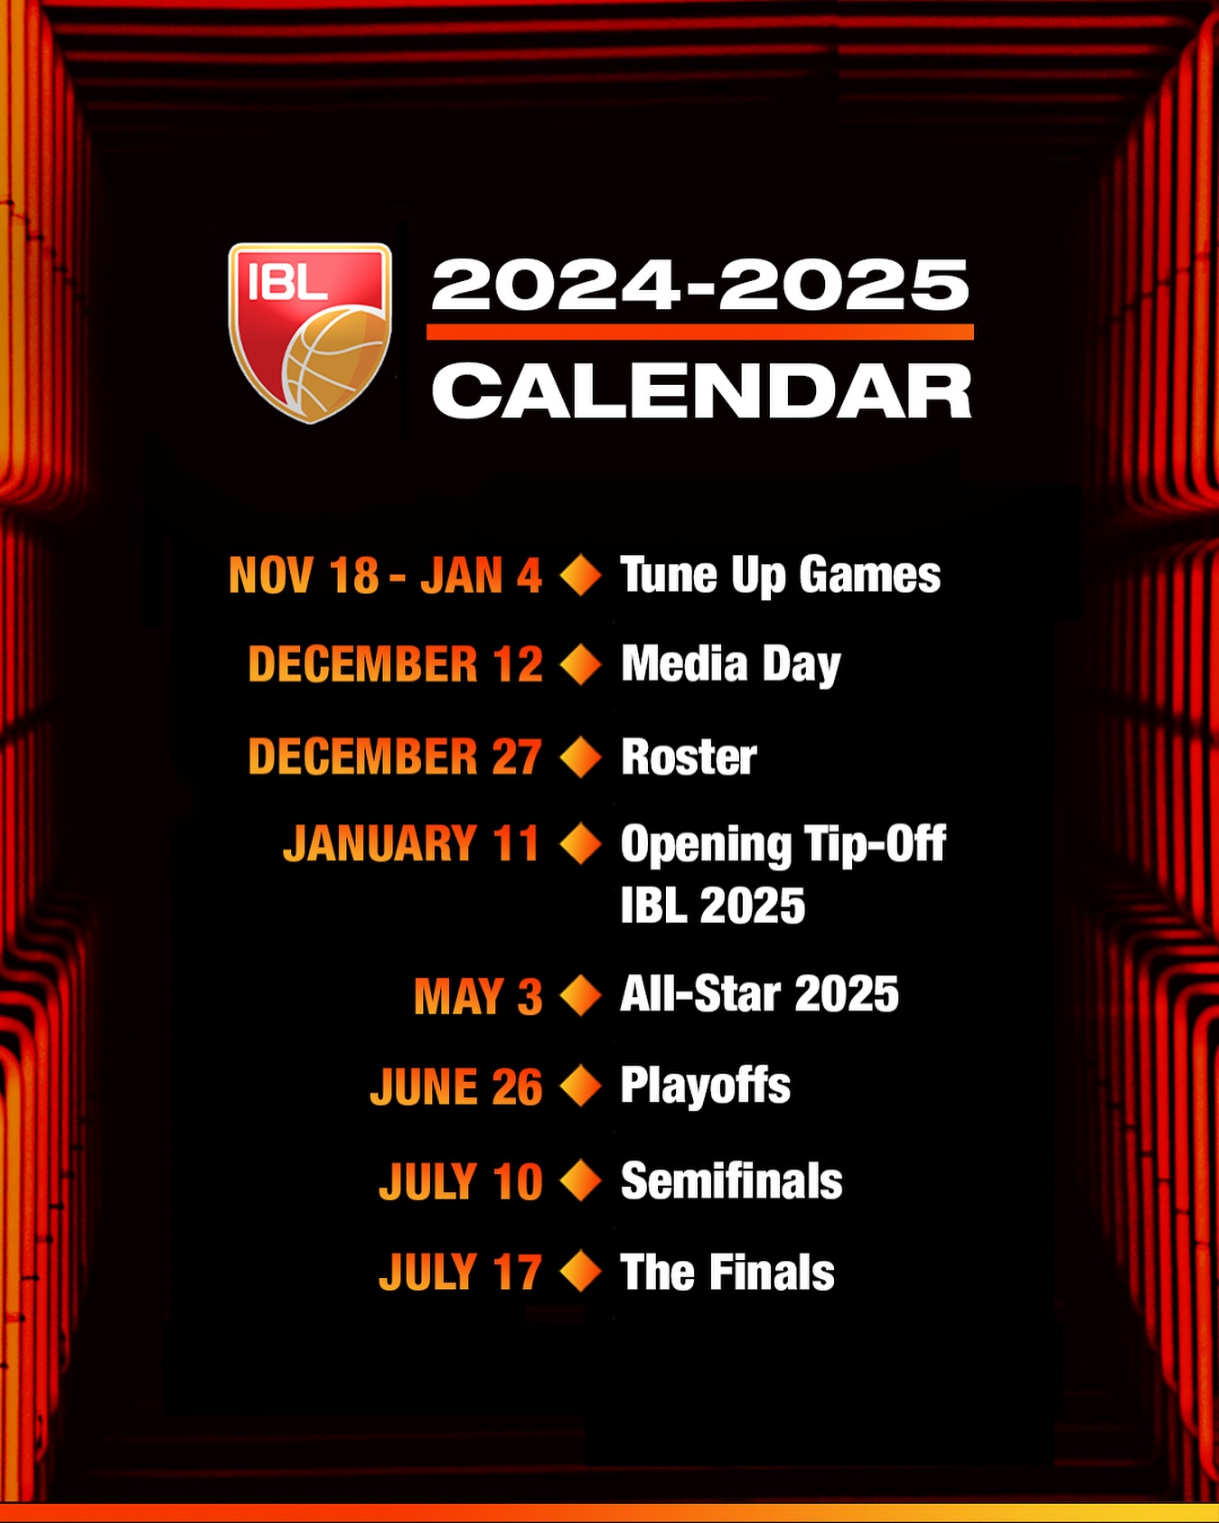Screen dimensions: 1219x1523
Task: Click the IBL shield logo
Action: (x=310, y=332)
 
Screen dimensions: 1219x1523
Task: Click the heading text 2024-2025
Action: (x=700, y=285)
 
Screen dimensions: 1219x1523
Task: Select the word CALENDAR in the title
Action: (x=701, y=390)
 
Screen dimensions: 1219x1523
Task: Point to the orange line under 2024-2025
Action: (x=700, y=332)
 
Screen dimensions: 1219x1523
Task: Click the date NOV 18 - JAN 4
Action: (x=385, y=576)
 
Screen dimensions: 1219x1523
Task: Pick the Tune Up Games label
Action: (x=781, y=576)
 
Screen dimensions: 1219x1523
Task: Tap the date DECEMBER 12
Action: (x=396, y=664)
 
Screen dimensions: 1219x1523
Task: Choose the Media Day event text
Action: (x=731, y=665)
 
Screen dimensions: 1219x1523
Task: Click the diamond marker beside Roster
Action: (x=581, y=757)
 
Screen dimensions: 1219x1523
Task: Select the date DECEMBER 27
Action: (x=395, y=757)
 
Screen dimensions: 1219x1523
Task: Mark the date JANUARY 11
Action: (x=411, y=844)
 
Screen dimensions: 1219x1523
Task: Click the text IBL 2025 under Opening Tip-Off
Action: (x=713, y=906)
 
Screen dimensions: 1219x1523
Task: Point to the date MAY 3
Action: (x=478, y=997)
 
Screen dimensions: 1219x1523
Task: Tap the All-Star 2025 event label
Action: (x=760, y=994)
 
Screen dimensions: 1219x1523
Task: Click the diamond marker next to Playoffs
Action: (x=581, y=1086)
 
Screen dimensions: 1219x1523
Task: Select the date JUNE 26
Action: (x=456, y=1087)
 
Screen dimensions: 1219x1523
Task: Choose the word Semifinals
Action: (x=732, y=1181)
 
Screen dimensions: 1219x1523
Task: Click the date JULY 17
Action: (x=461, y=1273)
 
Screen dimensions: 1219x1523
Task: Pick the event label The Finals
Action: (x=727, y=1273)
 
